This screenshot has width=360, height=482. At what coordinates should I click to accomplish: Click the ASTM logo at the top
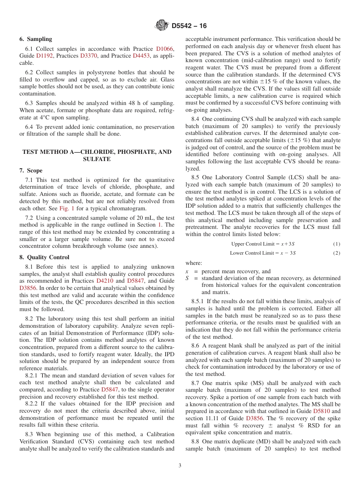162,26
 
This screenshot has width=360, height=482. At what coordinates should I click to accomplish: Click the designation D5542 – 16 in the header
189,26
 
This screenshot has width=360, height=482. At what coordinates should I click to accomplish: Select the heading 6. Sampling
36,39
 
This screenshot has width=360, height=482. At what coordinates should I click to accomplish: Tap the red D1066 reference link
165,49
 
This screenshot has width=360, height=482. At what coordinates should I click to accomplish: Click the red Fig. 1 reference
67,208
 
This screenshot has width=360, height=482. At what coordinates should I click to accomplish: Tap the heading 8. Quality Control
44,257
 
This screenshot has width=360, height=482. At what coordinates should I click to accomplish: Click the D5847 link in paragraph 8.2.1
109,390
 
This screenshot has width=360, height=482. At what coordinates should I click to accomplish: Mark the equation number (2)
337,253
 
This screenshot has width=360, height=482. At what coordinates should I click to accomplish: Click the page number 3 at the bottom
180,466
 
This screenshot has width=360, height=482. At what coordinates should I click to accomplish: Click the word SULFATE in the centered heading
97,159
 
